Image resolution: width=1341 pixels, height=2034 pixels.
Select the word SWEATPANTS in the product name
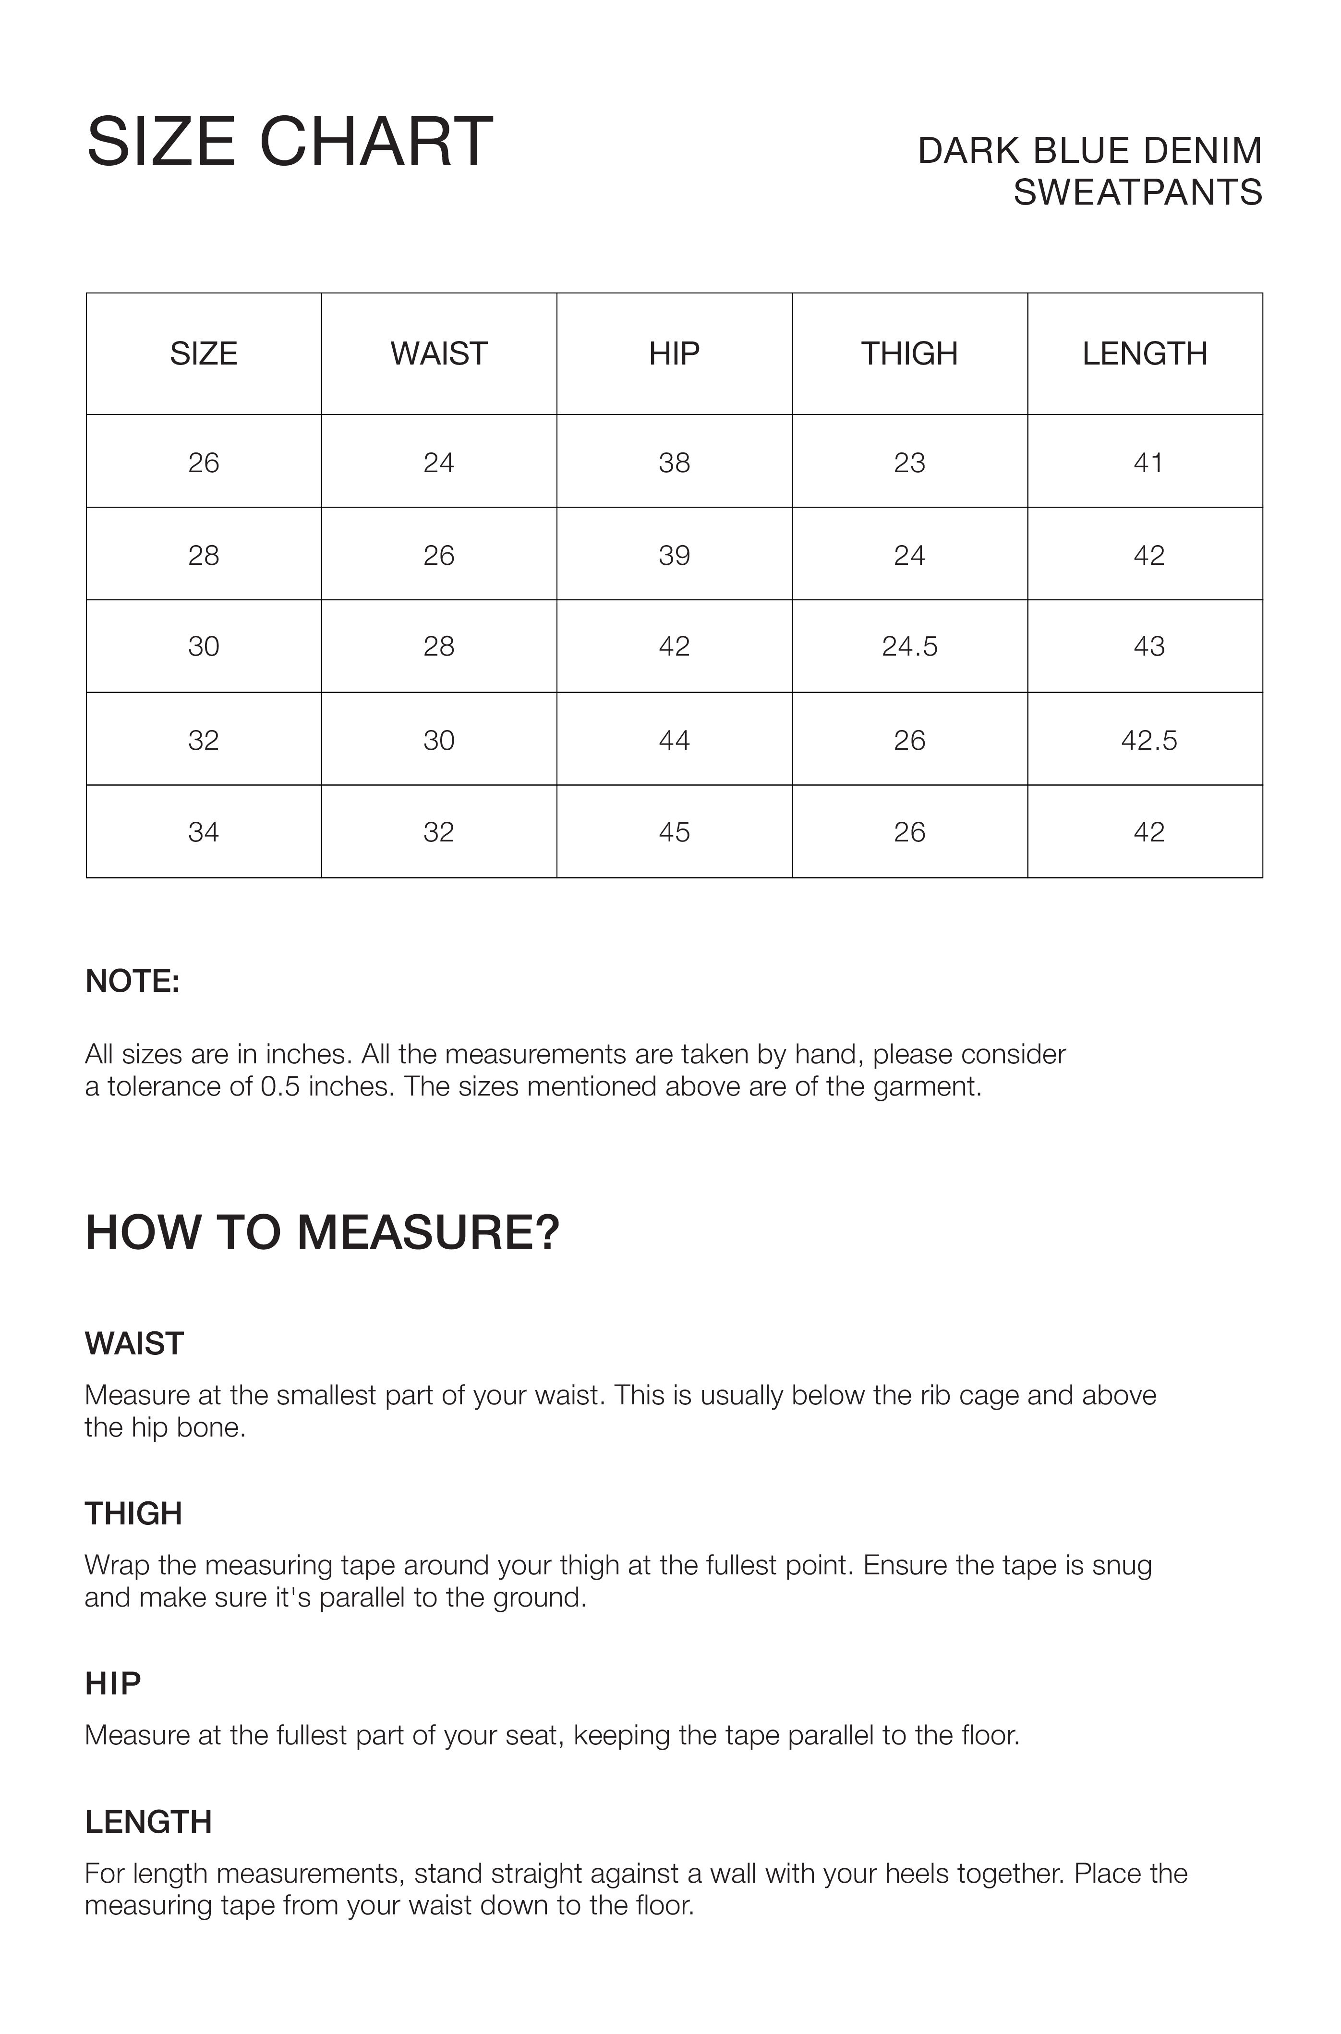point(1137,193)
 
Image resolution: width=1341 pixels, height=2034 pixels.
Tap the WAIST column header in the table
point(439,353)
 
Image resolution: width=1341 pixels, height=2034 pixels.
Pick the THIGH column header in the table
point(909,353)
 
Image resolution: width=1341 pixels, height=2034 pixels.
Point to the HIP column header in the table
point(674,353)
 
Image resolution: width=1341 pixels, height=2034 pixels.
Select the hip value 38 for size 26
point(674,463)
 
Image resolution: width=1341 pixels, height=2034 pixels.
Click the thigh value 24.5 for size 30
point(909,646)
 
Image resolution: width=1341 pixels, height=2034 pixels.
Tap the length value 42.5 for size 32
point(1148,740)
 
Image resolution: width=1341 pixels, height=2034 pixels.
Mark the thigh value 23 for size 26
point(909,463)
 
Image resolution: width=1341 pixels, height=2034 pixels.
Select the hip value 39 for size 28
point(674,555)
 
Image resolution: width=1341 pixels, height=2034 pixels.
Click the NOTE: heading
point(133,981)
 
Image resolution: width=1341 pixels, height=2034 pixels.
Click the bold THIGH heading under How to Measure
point(133,1513)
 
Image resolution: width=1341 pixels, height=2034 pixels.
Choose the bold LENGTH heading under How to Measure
point(148,1822)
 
